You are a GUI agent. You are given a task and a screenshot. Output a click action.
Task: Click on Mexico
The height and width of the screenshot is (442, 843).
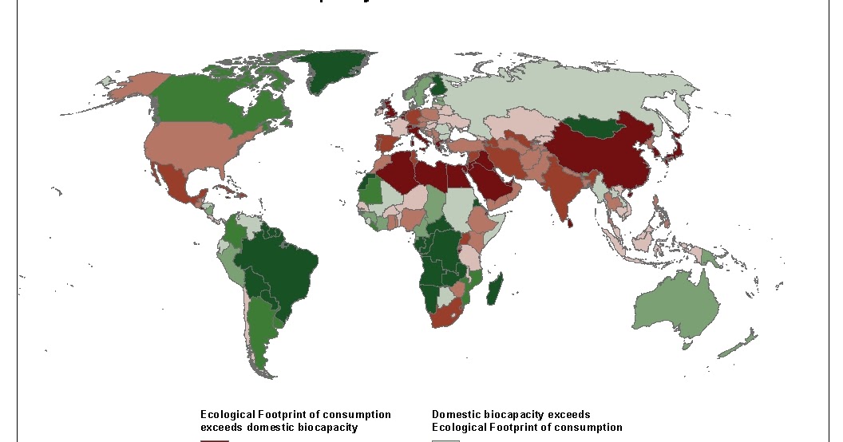point(176,183)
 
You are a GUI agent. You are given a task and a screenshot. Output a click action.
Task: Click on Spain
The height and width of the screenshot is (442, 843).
point(385,144)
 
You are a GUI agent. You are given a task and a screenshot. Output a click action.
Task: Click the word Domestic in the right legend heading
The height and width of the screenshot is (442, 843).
point(457,414)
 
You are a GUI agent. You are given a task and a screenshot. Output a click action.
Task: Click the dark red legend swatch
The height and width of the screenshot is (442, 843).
point(214,440)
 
